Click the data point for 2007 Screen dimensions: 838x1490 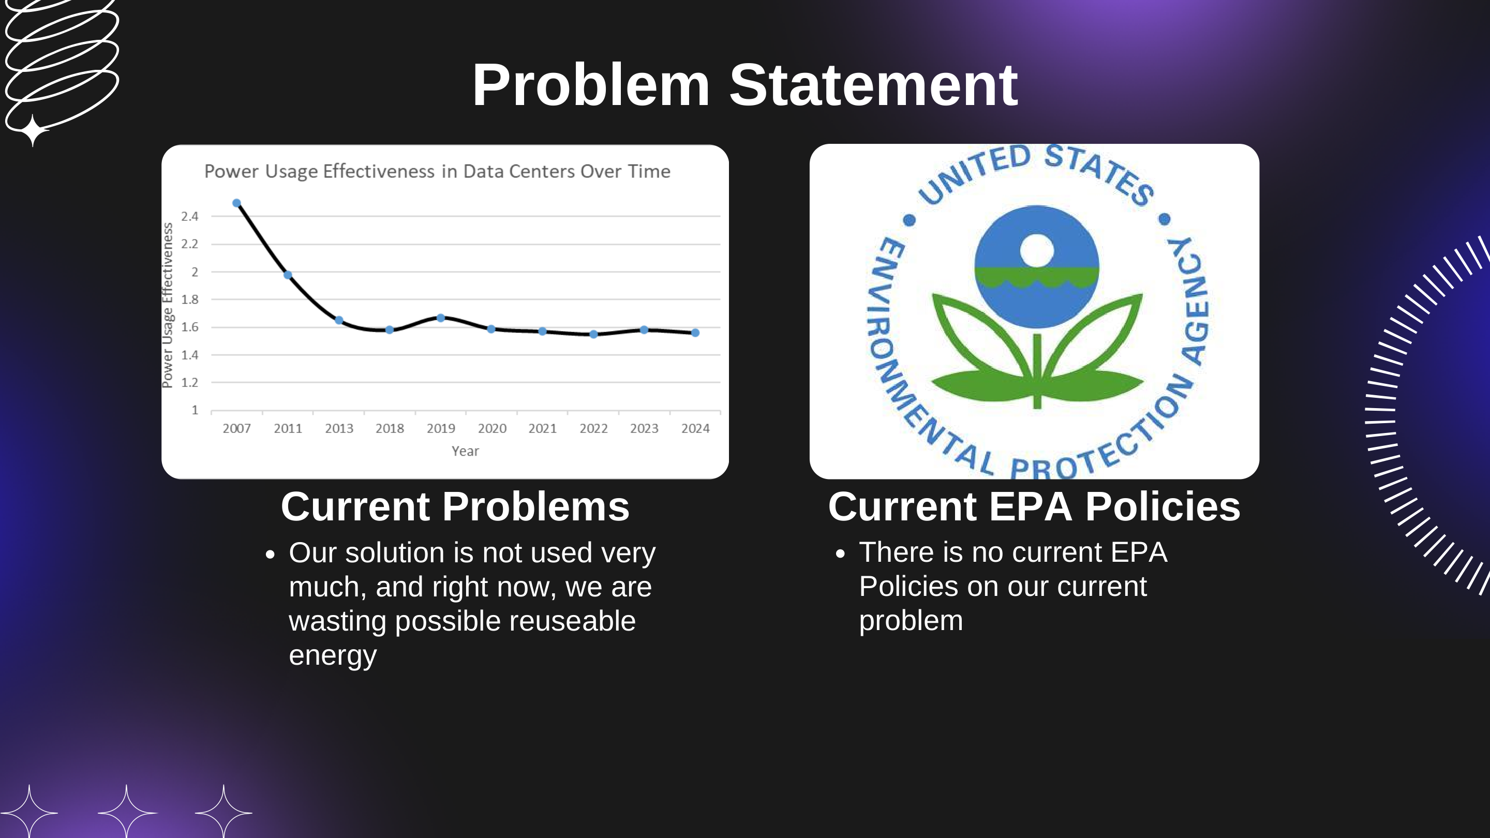236,203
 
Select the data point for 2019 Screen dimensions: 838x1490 441,318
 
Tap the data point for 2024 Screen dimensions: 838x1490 695,333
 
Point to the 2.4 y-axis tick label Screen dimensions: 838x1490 190,216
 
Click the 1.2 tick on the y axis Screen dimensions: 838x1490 190,383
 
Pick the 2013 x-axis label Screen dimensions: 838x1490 339,428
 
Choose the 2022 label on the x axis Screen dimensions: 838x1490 593,428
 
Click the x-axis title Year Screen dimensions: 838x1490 465,451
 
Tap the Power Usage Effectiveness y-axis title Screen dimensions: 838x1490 168,305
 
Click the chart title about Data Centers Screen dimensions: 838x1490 437,171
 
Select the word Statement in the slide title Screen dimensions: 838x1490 873,85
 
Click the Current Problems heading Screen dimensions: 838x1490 455,506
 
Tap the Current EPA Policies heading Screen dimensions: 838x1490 1034,506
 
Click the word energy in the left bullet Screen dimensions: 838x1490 333,655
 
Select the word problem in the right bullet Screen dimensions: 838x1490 911,621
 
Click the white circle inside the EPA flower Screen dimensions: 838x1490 1036,250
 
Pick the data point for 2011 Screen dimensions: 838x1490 288,275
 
